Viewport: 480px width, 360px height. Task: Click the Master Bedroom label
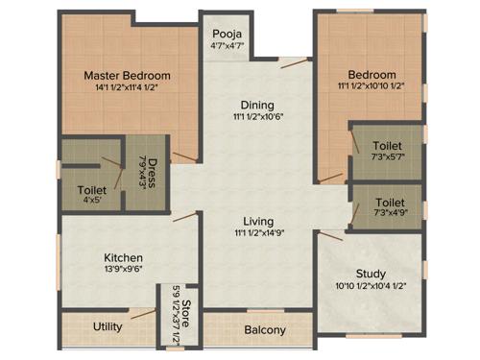127,75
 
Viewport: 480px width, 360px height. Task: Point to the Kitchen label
124,258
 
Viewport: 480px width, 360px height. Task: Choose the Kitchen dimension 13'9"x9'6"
124,272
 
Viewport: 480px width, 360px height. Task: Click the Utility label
108,326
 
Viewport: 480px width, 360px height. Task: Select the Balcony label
265,330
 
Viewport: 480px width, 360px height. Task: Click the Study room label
372,273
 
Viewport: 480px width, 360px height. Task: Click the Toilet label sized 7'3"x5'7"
388,146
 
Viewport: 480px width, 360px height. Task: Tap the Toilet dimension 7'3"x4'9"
388,216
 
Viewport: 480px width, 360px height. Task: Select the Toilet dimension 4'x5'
92,203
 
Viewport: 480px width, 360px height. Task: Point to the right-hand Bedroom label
372,75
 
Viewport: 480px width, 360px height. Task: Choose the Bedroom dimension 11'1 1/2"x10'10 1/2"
372,88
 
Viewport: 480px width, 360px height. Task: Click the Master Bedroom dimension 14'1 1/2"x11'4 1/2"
127,88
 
